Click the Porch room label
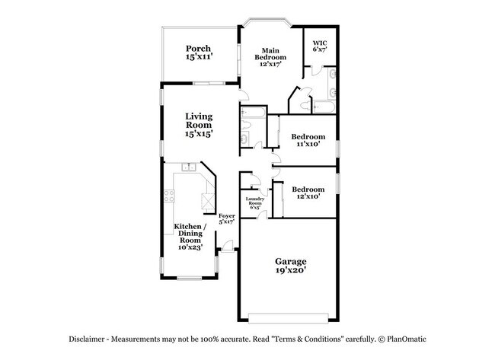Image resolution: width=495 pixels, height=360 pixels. pos(198,49)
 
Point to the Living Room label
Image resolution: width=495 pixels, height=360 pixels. pos(199,121)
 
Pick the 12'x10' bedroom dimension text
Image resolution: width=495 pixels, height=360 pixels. pos(308,196)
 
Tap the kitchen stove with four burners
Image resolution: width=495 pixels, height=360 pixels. pos(170,197)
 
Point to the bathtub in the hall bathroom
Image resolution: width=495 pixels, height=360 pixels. pos(251,115)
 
